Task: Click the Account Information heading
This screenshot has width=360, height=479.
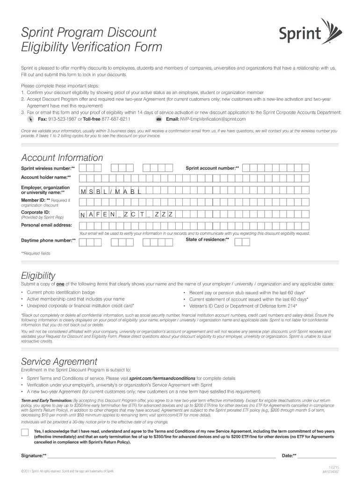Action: click(62, 158)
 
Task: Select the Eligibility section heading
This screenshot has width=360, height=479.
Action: click(38, 275)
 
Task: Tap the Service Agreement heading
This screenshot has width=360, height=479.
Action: click(59, 362)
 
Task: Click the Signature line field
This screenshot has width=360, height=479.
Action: click(161, 455)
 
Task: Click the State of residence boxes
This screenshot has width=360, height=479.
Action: click(242, 241)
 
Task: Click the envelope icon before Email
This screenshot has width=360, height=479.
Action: click(159, 119)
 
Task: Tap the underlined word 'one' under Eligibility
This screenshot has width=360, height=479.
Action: click(60, 284)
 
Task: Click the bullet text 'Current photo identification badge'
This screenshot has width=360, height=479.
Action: click(61, 292)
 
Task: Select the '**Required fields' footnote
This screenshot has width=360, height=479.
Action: click(36, 253)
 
